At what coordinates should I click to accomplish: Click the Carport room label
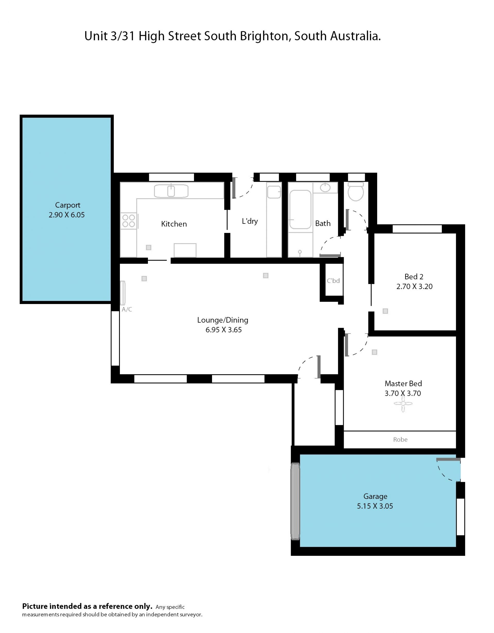(67, 205)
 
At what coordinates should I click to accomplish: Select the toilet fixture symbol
(356, 192)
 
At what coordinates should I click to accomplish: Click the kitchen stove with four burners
(129, 221)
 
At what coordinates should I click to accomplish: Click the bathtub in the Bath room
(300, 210)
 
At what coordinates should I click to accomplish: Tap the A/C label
(127, 309)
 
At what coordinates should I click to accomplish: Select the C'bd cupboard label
(333, 281)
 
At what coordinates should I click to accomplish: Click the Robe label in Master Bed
(400, 440)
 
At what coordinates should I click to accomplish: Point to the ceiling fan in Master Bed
(403, 403)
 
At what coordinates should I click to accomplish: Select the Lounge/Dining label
(223, 320)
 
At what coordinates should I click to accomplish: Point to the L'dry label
(250, 221)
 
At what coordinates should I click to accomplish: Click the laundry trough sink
(274, 192)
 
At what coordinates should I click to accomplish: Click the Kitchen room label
(174, 224)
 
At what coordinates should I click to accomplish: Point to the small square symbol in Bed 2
(385, 311)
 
